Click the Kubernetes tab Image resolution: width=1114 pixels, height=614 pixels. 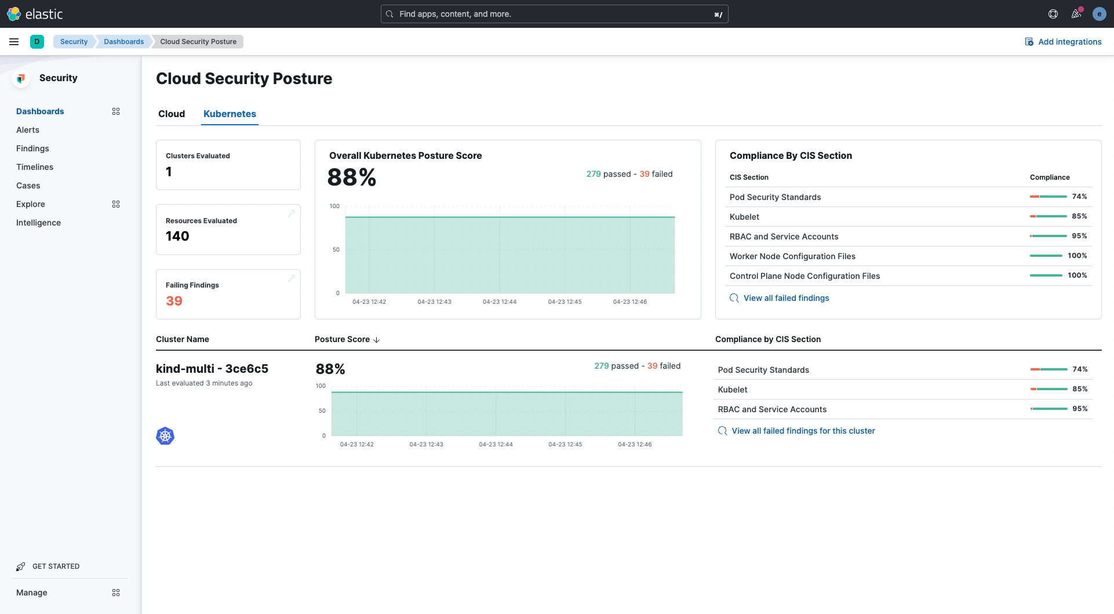coord(230,114)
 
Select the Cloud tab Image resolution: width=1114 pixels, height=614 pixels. coord(172,114)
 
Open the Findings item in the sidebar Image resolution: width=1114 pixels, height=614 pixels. coord(32,148)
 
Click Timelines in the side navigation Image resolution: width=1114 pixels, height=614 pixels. coord(35,167)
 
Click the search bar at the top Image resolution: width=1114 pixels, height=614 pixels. coord(554,14)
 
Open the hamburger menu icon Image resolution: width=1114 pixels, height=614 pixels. coord(14,42)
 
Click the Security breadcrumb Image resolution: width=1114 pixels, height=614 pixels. coord(74,42)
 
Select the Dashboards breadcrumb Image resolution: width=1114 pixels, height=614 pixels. coord(123,42)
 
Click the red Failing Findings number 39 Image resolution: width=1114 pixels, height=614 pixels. coord(174,301)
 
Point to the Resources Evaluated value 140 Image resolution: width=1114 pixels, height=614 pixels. coord(177,236)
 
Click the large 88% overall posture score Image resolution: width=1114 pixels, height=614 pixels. coord(352,177)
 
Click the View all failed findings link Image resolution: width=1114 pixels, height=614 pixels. coord(786,298)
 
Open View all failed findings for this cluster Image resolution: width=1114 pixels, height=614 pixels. coord(803,431)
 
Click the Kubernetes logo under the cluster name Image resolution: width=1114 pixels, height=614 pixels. coord(165,436)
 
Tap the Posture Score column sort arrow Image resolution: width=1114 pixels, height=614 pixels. coord(377,340)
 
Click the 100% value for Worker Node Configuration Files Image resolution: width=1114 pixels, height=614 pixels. coord(1077,256)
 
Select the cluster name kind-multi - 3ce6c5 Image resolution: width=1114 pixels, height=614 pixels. coord(212,369)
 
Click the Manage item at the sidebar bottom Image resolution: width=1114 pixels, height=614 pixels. coord(32,593)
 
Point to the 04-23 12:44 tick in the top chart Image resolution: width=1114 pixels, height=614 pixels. coord(500,301)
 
